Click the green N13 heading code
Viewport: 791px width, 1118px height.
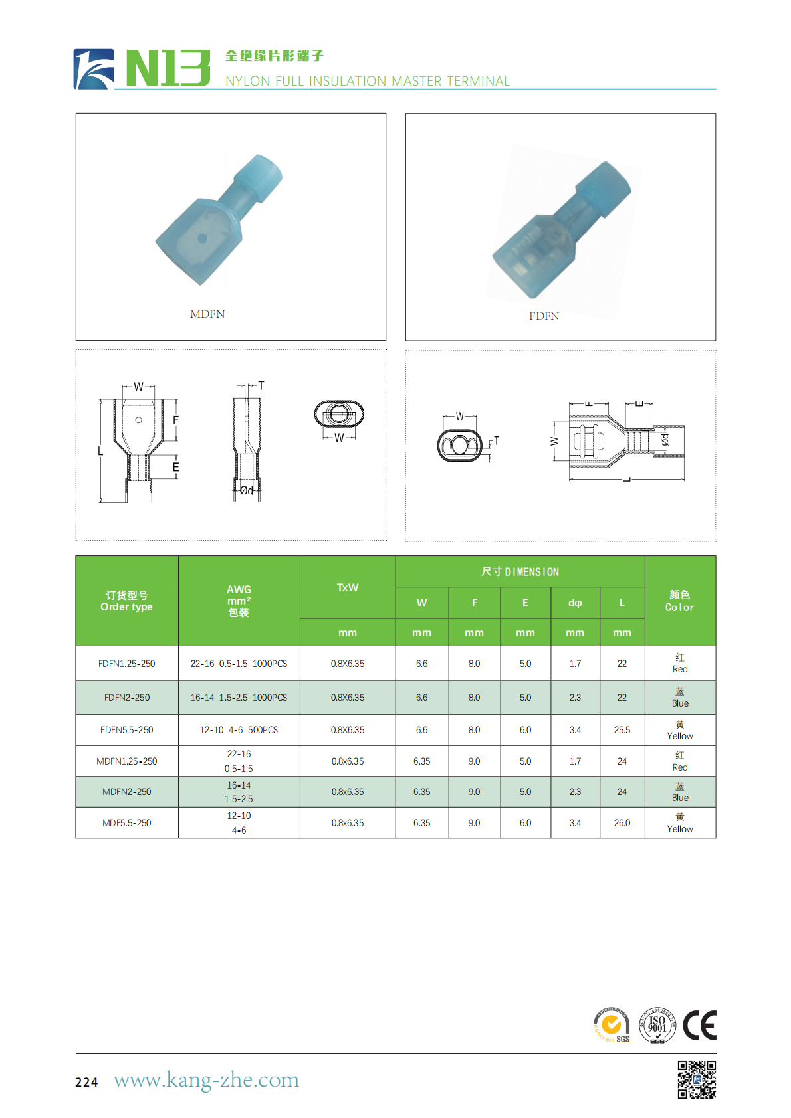168,68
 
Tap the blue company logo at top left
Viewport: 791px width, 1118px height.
93,69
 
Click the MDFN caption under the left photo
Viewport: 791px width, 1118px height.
207,314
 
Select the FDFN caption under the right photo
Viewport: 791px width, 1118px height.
544,316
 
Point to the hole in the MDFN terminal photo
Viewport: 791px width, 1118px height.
202,238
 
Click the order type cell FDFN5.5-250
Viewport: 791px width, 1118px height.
127,730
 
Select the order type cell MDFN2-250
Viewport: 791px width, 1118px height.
127,792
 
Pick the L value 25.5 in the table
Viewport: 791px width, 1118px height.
621,730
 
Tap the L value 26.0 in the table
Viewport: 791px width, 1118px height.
621,823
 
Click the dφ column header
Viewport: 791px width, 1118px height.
575,603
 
